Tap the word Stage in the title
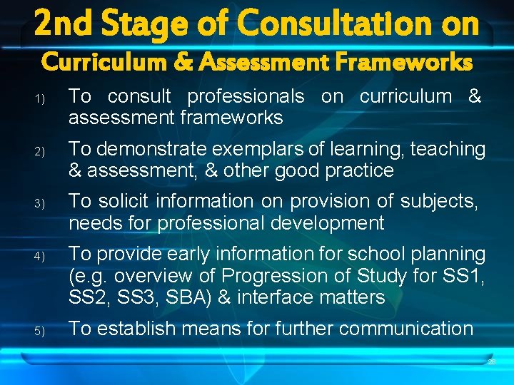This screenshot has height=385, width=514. [x=146, y=24]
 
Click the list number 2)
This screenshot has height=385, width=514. [x=40, y=151]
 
